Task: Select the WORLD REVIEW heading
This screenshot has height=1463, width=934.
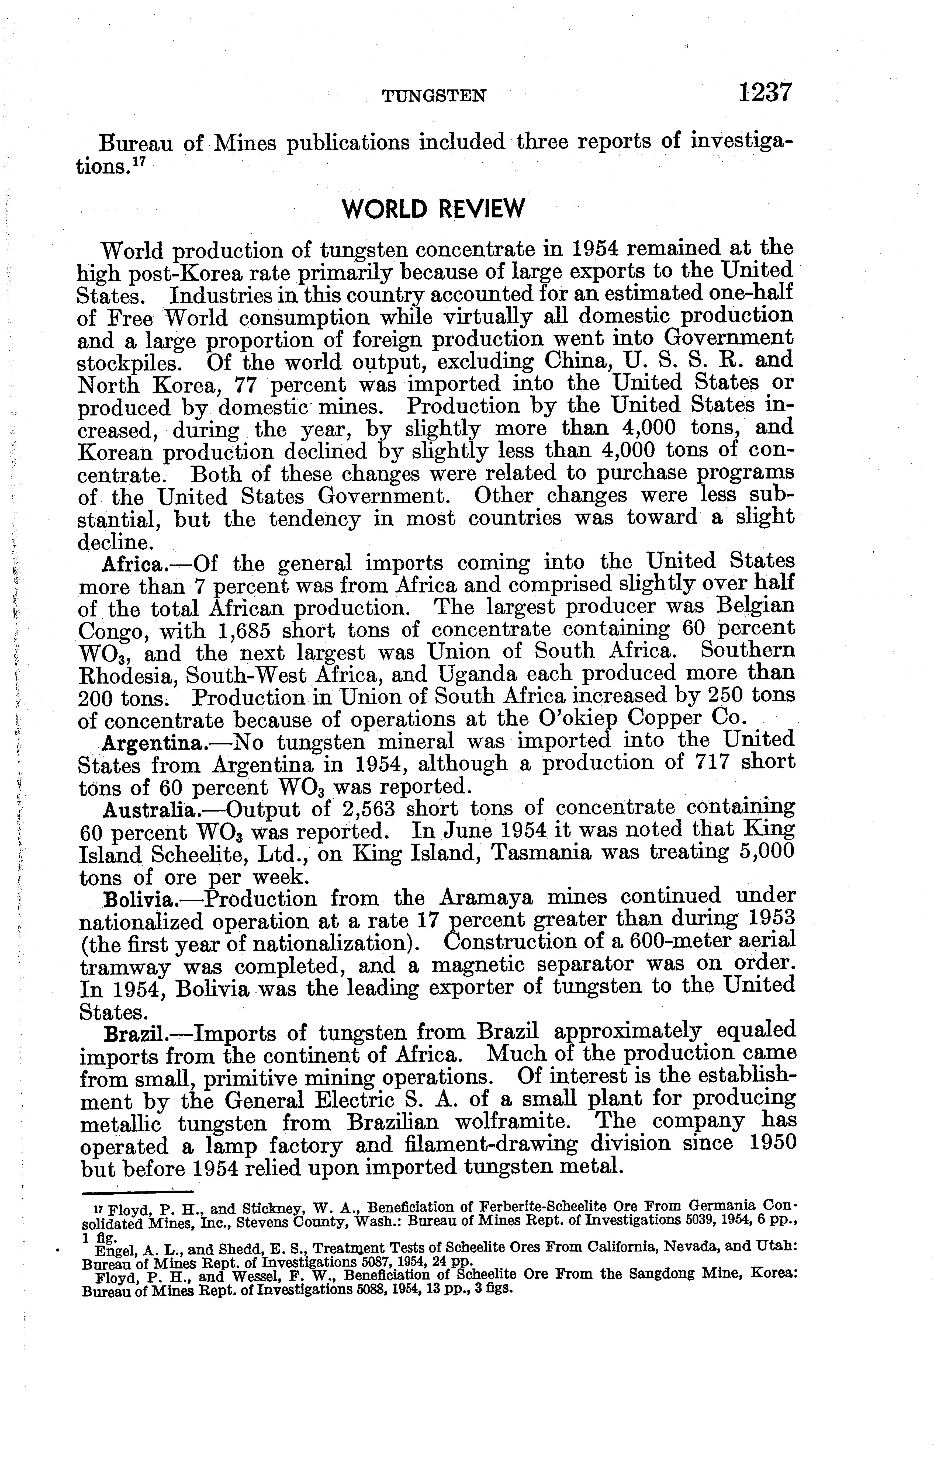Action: pyautogui.click(x=433, y=210)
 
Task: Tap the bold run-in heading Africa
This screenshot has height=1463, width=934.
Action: pyautogui.click(x=131, y=564)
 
